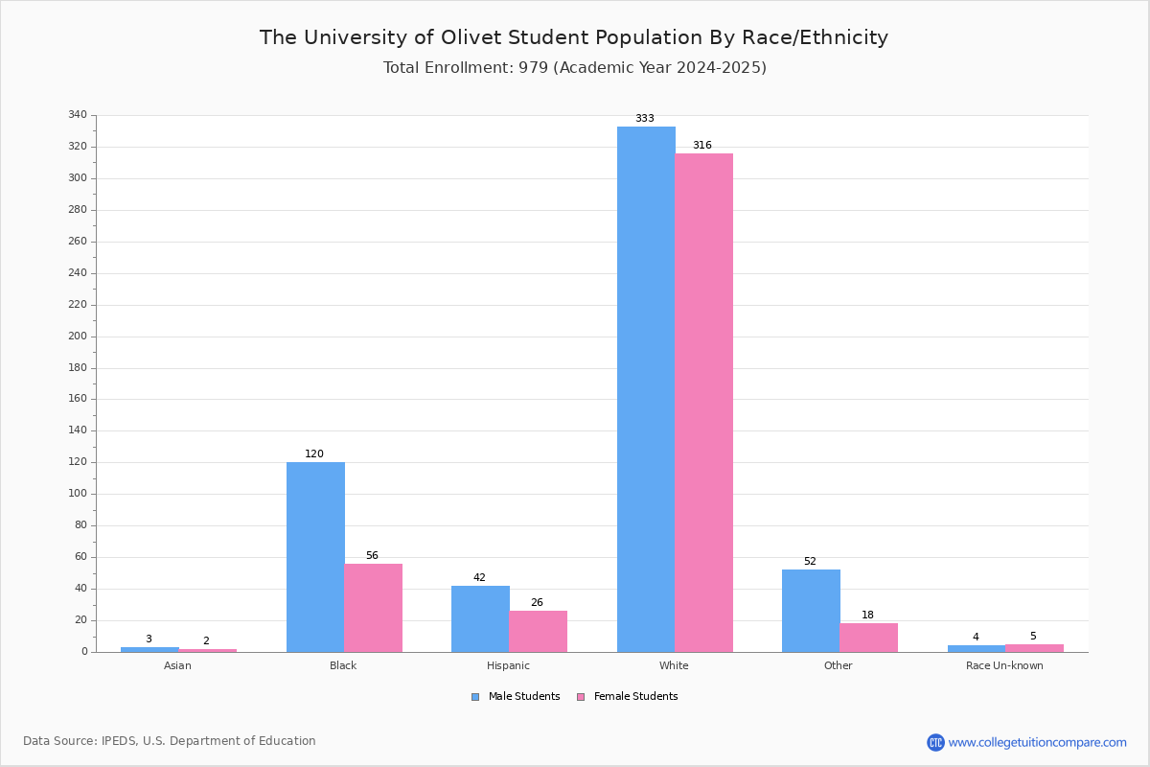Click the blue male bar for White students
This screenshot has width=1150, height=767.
[646, 389]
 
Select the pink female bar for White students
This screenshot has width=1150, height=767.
[703, 403]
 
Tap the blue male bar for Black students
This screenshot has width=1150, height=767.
[315, 557]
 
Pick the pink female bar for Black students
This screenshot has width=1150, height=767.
[374, 608]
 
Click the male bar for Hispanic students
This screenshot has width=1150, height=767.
[480, 618]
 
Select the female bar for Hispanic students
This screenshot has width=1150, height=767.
[538, 631]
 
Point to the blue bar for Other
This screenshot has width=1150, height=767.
[811, 611]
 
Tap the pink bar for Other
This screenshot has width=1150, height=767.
[868, 638]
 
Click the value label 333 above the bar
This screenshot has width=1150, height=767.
[645, 119]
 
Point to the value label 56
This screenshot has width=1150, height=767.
[372, 556]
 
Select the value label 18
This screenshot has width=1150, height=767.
[867, 616]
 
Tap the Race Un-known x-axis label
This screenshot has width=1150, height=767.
[1004, 665]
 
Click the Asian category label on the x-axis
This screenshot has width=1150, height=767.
[177, 665]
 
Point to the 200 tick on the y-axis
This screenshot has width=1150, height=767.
[78, 337]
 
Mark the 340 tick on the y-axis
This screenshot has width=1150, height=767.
[78, 115]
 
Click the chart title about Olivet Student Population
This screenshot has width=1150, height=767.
[574, 37]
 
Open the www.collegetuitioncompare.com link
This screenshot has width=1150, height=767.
[1037, 742]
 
